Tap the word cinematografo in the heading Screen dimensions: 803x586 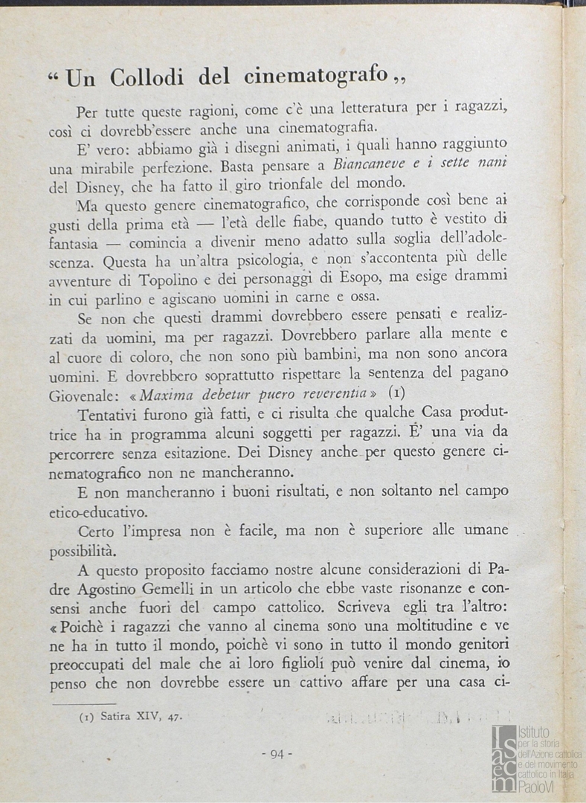(x=314, y=74)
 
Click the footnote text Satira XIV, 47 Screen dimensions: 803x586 (x=139, y=717)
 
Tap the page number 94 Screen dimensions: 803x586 (x=277, y=754)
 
